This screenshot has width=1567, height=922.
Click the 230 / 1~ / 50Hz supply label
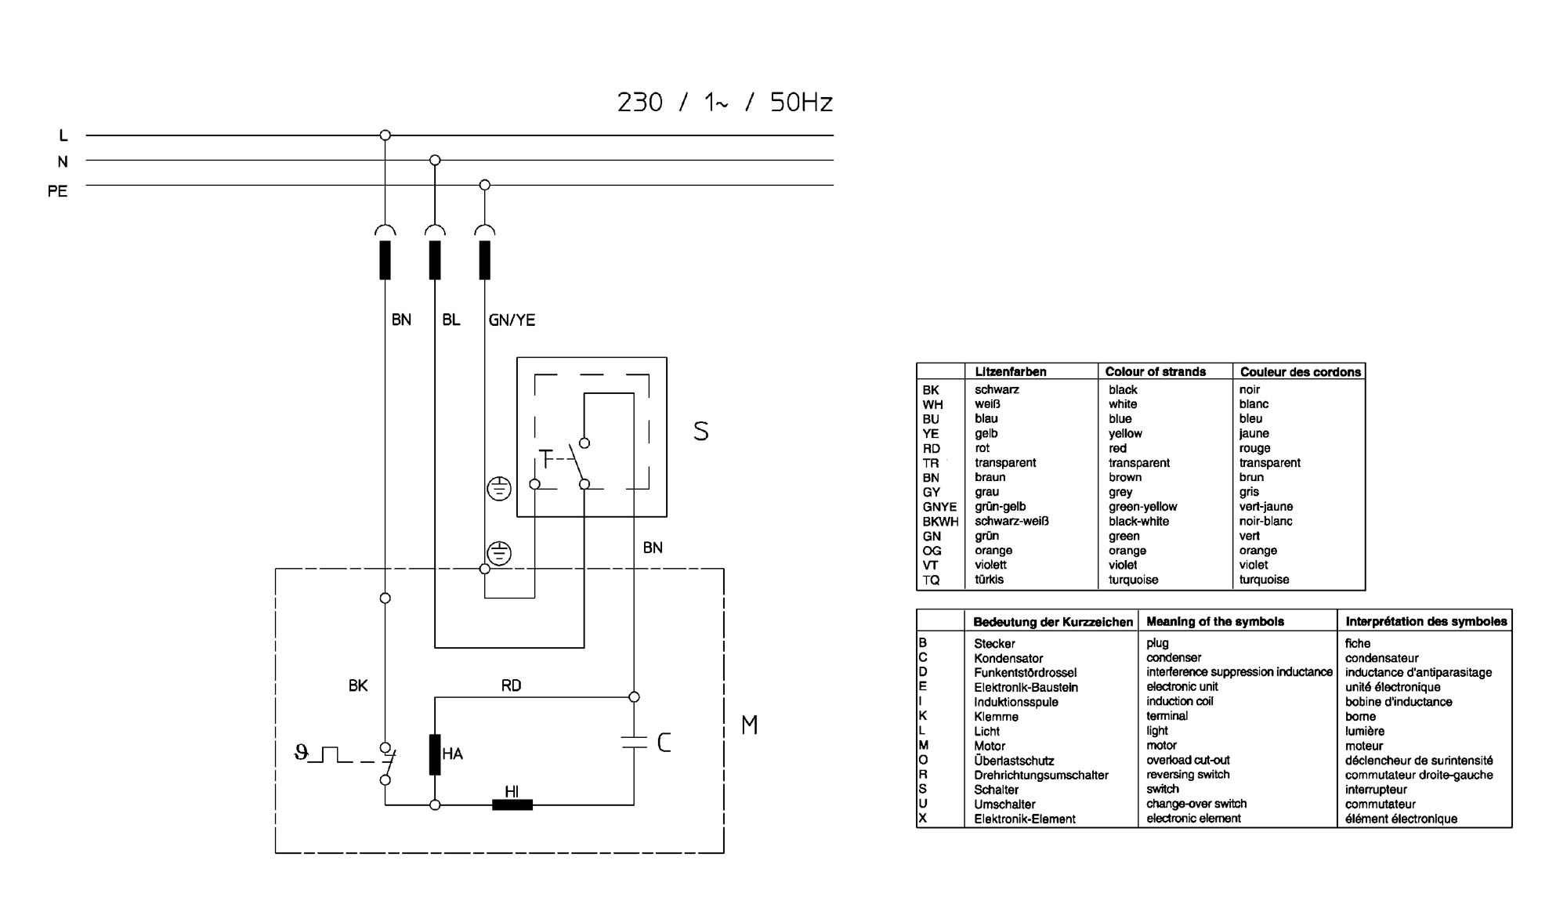pyautogui.click(x=725, y=103)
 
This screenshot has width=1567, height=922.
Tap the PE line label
pyautogui.click(x=58, y=191)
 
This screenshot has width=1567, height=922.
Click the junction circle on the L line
pyautogui.click(x=385, y=136)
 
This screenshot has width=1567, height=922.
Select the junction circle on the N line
pyautogui.click(x=435, y=161)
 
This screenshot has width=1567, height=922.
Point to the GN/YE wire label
pyautogui.click(x=512, y=320)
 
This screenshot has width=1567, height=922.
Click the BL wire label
pyautogui.click(x=451, y=320)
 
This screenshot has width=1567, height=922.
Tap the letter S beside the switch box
pyautogui.click(x=701, y=432)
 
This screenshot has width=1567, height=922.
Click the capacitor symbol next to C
pyautogui.click(x=634, y=742)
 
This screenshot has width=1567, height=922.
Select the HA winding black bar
pyautogui.click(x=435, y=754)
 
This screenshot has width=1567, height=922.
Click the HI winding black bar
pyautogui.click(x=512, y=804)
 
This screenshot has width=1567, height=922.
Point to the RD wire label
pyautogui.click(x=511, y=685)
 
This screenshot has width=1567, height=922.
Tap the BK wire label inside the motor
pyautogui.click(x=358, y=685)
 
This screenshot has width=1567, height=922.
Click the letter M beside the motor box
pyautogui.click(x=749, y=725)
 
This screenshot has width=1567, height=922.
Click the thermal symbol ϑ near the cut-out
pyautogui.click(x=301, y=754)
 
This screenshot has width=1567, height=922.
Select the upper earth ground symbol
pyautogui.click(x=499, y=489)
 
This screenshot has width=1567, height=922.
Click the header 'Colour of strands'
pyautogui.click(x=1155, y=371)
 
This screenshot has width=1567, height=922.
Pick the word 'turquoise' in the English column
pyautogui.click(x=1133, y=580)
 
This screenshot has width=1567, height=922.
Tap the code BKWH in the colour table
pyautogui.click(x=940, y=522)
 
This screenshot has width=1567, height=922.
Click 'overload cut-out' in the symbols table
pyautogui.click(x=1188, y=760)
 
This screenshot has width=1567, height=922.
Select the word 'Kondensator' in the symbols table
pyautogui.click(x=1008, y=658)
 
